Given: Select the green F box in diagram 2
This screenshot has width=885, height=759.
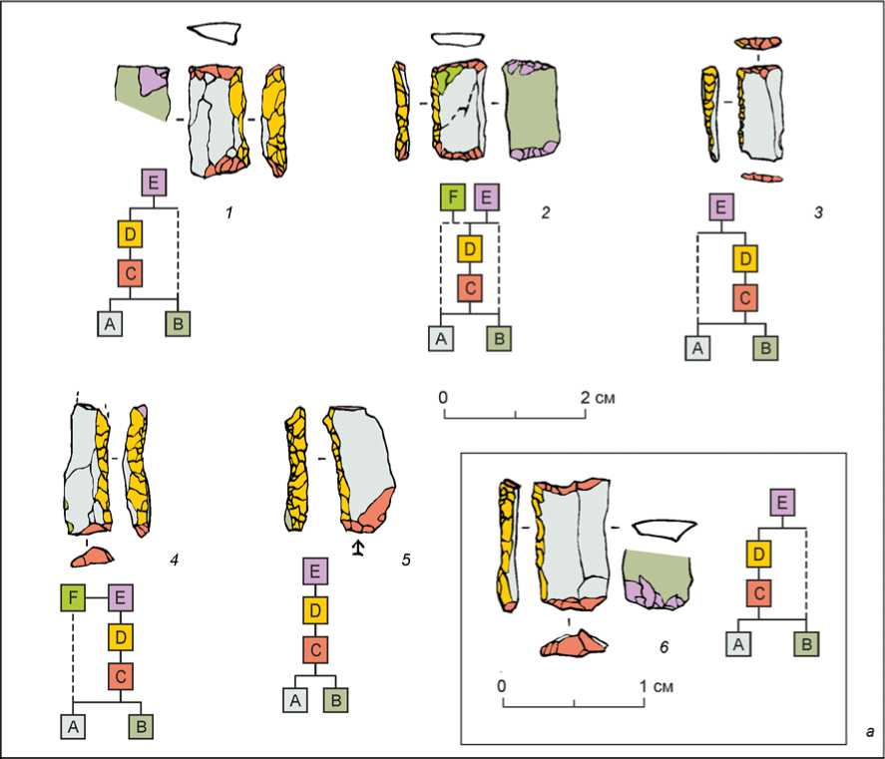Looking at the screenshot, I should point(453,197).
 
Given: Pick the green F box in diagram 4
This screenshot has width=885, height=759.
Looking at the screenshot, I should point(72,598).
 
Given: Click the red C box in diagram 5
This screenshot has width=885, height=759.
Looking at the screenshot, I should point(314,648).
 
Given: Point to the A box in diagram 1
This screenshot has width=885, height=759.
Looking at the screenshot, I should point(110,324).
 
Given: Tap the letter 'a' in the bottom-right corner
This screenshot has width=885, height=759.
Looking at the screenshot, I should point(870,732).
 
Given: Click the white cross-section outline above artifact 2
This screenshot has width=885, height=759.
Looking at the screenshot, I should point(457,40).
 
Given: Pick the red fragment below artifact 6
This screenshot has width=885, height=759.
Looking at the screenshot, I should point(574,644).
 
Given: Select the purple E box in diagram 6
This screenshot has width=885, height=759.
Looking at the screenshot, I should point(782,502).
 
